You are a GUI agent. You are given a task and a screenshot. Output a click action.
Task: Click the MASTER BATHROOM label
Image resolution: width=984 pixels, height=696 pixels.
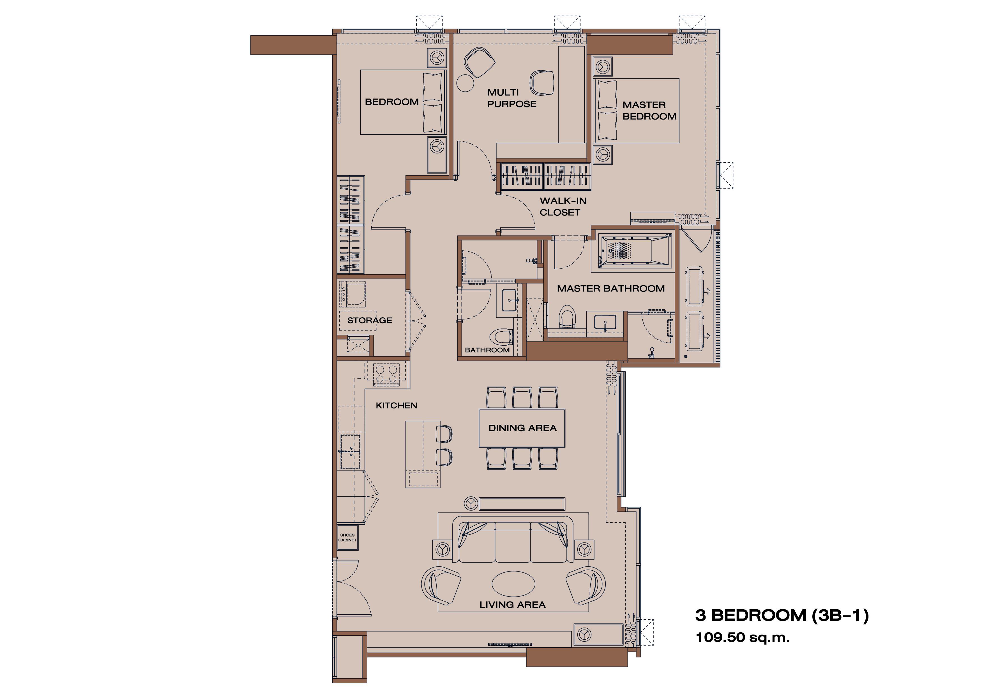(611, 289)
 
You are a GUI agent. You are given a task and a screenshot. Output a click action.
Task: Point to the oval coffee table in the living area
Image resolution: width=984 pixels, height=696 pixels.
(513, 583)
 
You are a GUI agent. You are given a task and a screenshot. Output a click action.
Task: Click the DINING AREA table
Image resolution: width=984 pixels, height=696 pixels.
(522, 428)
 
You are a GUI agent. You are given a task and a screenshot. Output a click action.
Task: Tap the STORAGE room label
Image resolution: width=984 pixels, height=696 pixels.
(369, 320)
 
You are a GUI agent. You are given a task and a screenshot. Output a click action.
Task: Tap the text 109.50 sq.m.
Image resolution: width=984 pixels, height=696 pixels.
(742, 638)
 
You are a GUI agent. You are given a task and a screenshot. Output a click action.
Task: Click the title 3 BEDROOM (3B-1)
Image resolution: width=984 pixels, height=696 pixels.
(782, 615)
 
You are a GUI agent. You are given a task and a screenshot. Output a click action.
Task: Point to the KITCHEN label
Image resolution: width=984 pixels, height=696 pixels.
(397, 406)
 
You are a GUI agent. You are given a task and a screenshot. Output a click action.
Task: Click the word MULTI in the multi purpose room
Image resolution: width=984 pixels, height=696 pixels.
(503, 93)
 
